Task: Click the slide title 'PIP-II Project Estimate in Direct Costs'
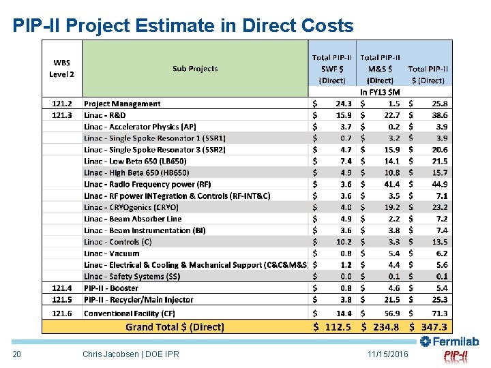183,26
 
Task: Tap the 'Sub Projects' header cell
195,69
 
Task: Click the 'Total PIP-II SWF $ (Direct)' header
332,69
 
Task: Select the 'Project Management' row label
122,104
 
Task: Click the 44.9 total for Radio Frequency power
439,184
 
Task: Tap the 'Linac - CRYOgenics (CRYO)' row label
131,207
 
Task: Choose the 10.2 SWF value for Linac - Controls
344,242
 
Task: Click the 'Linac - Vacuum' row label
112,254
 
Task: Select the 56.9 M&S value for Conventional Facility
391,313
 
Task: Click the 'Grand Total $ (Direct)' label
175,327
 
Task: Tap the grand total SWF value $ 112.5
332,327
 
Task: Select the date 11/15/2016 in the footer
387,354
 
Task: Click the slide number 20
18,354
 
